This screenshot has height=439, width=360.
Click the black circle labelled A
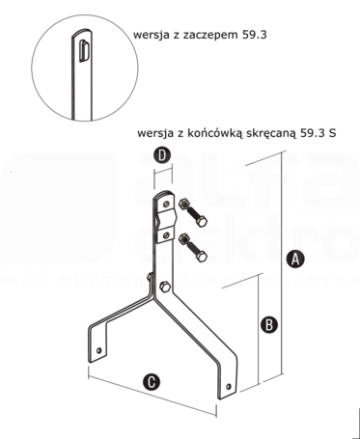click(x=295, y=260)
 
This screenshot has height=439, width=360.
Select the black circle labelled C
click(x=152, y=382)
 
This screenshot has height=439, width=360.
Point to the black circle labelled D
click(x=163, y=155)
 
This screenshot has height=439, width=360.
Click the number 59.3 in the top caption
click(x=254, y=35)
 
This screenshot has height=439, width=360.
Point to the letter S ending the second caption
click(x=332, y=133)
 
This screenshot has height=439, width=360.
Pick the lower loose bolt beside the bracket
click(x=193, y=247)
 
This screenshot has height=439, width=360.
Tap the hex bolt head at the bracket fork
click(x=165, y=287)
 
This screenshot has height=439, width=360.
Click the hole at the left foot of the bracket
click(x=99, y=350)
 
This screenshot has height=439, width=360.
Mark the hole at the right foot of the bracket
click(x=229, y=386)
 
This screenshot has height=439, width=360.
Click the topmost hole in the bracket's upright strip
click(x=166, y=204)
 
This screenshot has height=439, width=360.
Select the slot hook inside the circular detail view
click(x=84, y=50)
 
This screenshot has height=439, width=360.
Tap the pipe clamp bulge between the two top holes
click(x=167, y=220)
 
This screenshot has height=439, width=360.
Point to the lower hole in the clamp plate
click(x=165, y=235)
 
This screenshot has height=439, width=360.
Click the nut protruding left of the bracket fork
click(x=150, y=277)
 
